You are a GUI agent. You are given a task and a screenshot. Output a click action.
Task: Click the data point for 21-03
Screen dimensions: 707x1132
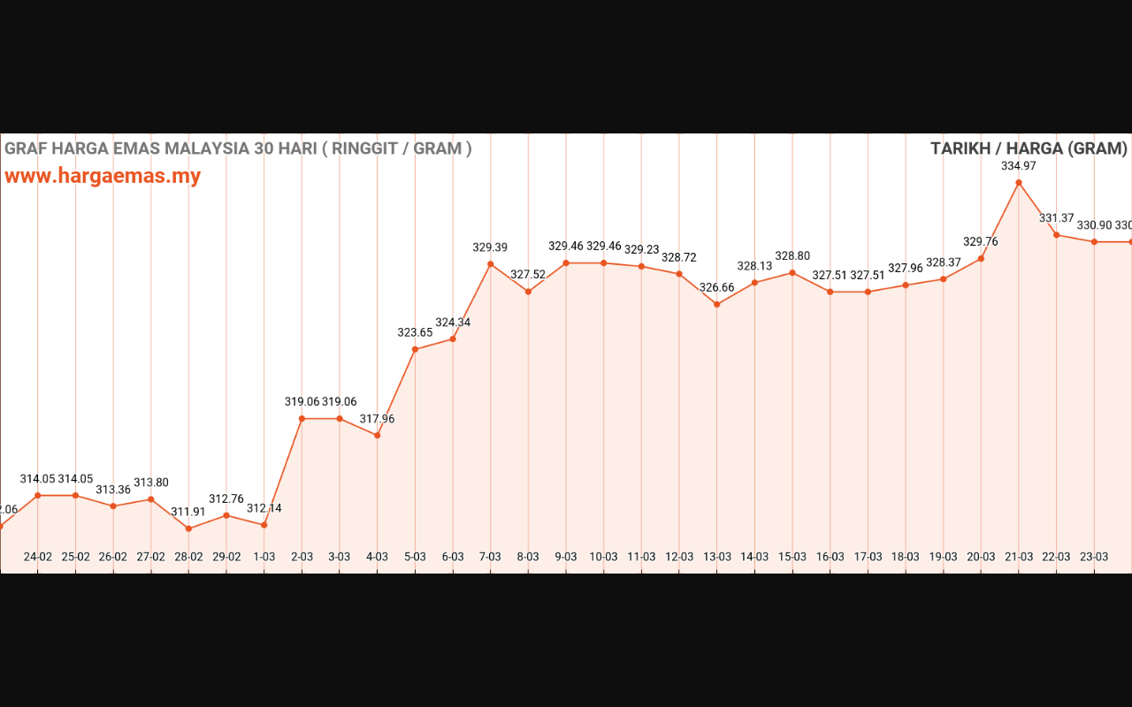coord(1019,183)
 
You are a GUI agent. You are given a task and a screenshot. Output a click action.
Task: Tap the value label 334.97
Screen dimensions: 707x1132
coord(1019,165)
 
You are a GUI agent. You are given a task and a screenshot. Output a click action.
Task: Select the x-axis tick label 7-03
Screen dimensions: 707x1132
coord(490,557)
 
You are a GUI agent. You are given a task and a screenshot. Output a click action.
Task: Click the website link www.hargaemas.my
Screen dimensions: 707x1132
coord(103,176)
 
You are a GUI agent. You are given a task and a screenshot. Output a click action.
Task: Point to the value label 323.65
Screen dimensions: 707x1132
coord(415,332)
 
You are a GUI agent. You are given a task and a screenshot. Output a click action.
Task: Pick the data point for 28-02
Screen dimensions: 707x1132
coord(188,528)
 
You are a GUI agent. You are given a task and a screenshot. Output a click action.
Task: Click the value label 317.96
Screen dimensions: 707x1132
coord(377,419)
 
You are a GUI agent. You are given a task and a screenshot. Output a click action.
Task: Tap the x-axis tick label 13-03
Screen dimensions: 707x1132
coord(716,557)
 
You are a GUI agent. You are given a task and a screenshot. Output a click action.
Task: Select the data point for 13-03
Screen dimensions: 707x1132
coord(716,304)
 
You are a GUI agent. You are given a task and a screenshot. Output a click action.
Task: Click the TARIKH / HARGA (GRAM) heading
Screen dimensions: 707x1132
coord(1029,148)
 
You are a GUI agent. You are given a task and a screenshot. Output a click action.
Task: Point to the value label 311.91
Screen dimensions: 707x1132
coord(188,512)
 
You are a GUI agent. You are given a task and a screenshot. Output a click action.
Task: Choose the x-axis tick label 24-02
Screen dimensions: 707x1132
coord(37,557)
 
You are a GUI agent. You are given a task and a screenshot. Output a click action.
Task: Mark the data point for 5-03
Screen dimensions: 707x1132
coord(415,349)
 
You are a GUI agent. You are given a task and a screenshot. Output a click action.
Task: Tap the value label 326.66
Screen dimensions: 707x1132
coord(716,287)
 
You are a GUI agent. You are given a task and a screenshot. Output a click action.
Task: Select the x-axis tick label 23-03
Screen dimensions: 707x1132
coord(1094,557)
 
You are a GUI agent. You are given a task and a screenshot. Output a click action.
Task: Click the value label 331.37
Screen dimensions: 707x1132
coord(1056,217)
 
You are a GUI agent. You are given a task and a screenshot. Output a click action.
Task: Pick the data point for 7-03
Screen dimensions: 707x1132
coord(490,263)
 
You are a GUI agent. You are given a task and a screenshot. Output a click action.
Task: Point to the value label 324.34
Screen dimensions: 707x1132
coord(453,322)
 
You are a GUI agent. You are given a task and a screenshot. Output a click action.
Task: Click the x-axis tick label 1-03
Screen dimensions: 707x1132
coord(264,557)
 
